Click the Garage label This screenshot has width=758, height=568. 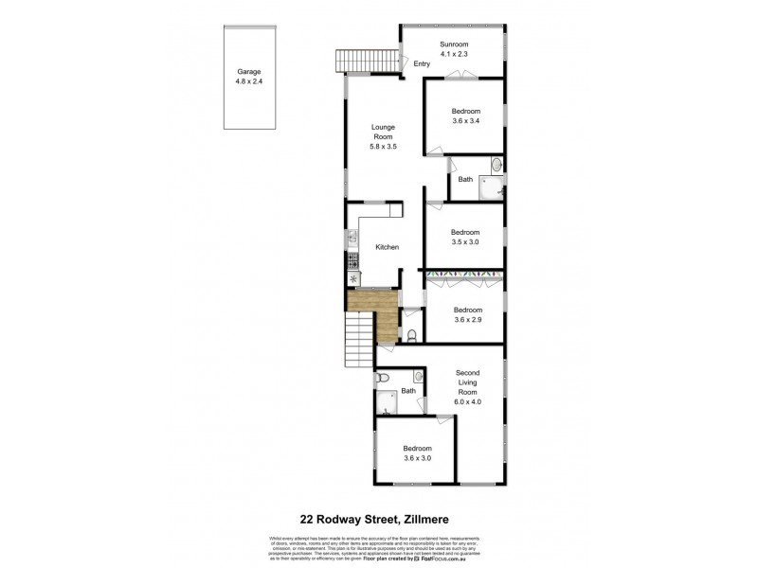[248, 71]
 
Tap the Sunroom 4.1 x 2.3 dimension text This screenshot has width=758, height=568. [455, 55]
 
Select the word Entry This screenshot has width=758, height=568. [422, 64]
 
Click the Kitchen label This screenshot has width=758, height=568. [387, 247]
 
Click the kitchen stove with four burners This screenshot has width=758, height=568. [352, 257]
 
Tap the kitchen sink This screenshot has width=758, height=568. [352, 238]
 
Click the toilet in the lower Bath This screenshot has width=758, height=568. [381, 379]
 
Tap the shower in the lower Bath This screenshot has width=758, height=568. [388, 405]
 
